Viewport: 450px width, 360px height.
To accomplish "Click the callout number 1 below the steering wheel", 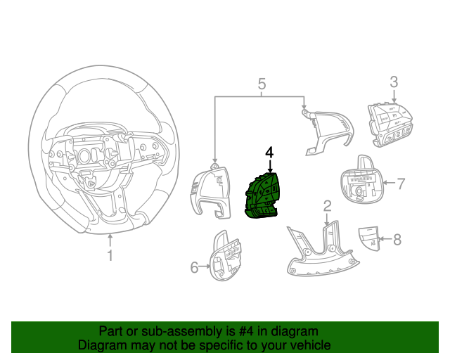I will coord(110,256).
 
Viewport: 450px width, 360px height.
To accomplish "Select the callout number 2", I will coord(327,206).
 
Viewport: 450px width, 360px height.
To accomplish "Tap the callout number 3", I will coord(394,82).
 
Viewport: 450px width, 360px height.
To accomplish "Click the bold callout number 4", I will coord(269,153).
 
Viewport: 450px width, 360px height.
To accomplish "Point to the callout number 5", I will coord(262,85).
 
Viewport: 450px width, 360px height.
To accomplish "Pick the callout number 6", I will coord(195,266).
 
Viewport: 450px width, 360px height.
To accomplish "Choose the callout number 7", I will coord(401,184).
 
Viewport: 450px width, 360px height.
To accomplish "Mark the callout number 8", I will coord(397,240).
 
